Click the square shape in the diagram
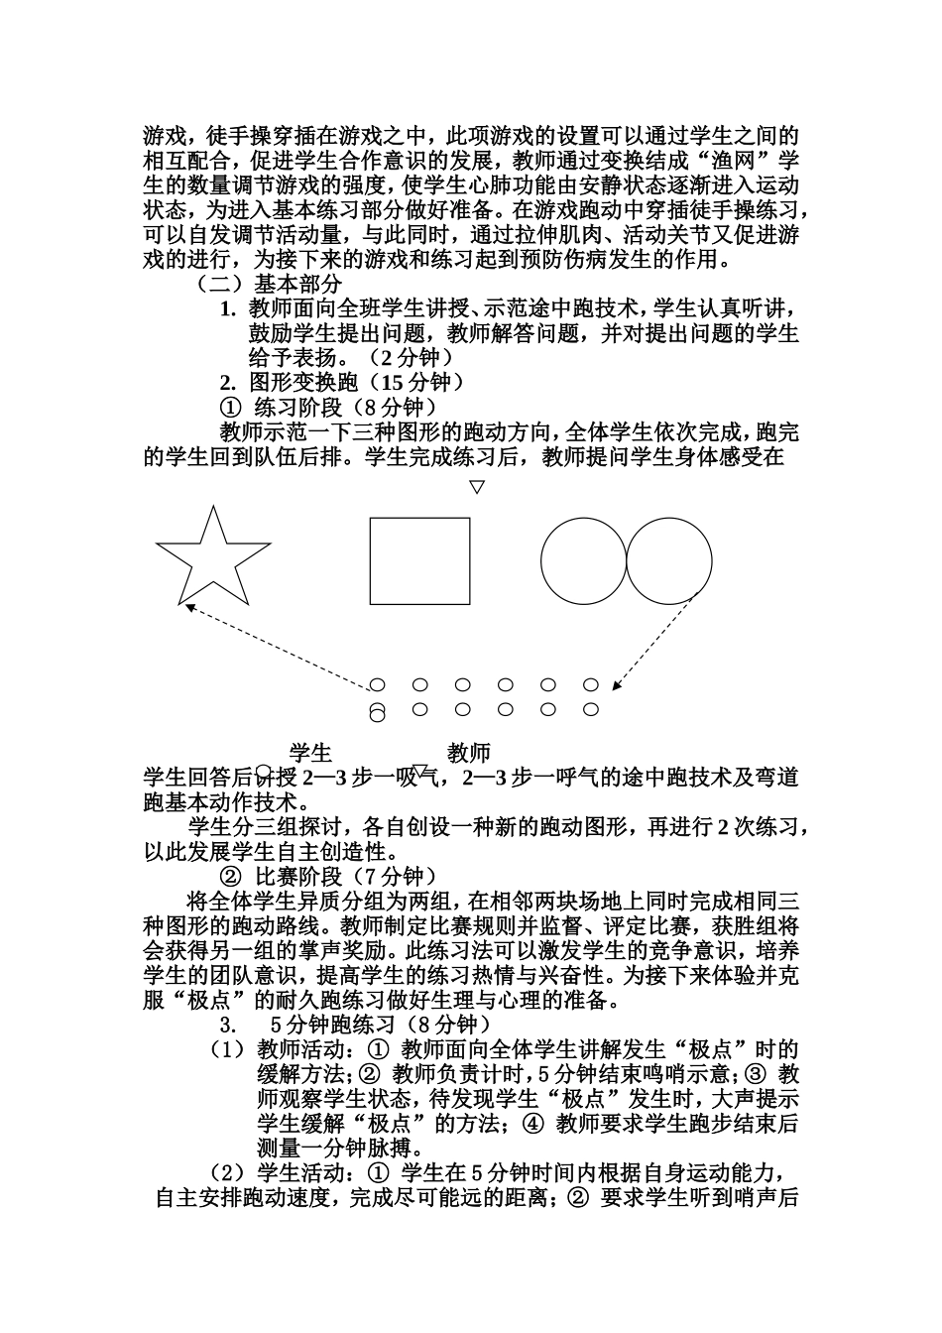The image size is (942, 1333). (419, 561)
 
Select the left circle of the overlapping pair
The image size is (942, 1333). (583, 561)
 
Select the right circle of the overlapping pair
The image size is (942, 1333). (669, 561)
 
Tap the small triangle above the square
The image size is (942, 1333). (477, 487)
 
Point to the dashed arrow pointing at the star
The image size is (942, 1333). (278, 645)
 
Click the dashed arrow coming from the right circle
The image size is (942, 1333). (659, 640)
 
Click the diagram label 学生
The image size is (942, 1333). (310, 753)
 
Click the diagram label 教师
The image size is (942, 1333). (469, 753)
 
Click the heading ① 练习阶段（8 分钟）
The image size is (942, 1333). (327, 407)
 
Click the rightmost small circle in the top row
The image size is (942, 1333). (591, 684)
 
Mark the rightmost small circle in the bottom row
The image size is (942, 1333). (591, 709)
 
